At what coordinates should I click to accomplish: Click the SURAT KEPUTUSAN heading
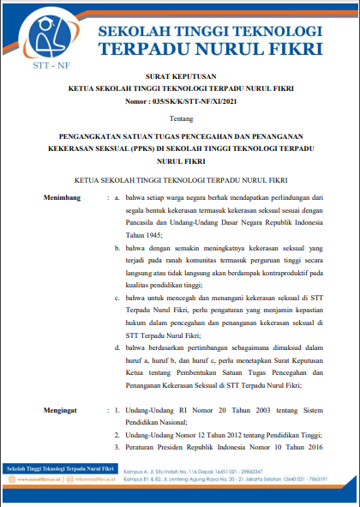point(179,76)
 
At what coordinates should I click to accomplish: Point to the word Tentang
point(179,121)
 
